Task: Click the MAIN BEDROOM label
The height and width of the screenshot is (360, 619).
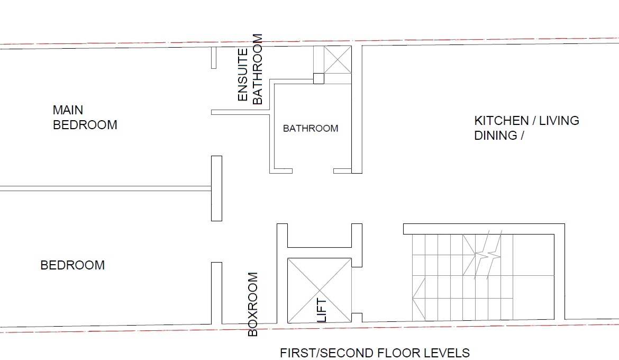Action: click(x=85, y=118)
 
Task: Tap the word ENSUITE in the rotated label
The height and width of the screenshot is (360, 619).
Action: click(x=243, y=74)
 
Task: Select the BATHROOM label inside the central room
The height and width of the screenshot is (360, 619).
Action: click(x=311, y=129)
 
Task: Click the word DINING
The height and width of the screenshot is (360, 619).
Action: click(x=495, y=136)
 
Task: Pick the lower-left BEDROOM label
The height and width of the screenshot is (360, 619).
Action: click(x=72, y=265)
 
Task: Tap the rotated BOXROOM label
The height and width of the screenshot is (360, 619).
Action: click(x=253, y=304)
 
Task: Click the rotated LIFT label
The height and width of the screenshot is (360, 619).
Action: click(x=322, y=310)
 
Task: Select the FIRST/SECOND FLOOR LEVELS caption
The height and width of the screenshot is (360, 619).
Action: click(x=375, y=353)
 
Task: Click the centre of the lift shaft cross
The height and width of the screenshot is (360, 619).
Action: click(x=320, y=291)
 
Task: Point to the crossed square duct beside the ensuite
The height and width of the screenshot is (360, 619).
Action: click(x=338, y=59)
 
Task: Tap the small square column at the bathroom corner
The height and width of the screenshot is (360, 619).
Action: click(x=318, y=78)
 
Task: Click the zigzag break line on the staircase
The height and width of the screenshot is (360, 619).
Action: click(x=488, y=255)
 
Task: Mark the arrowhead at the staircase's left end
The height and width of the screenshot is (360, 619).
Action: click(x=418, y=299)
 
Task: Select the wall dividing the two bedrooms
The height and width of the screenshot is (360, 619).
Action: click(x=105, y=188)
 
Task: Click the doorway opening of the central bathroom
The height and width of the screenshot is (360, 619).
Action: click(x=313, y=171)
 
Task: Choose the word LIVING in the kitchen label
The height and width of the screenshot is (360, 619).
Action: click(x=559, y=121)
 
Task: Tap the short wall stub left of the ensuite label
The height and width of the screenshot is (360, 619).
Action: click(x=214, y=58)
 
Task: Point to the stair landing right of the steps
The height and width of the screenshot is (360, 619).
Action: click(x=533, y=277)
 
